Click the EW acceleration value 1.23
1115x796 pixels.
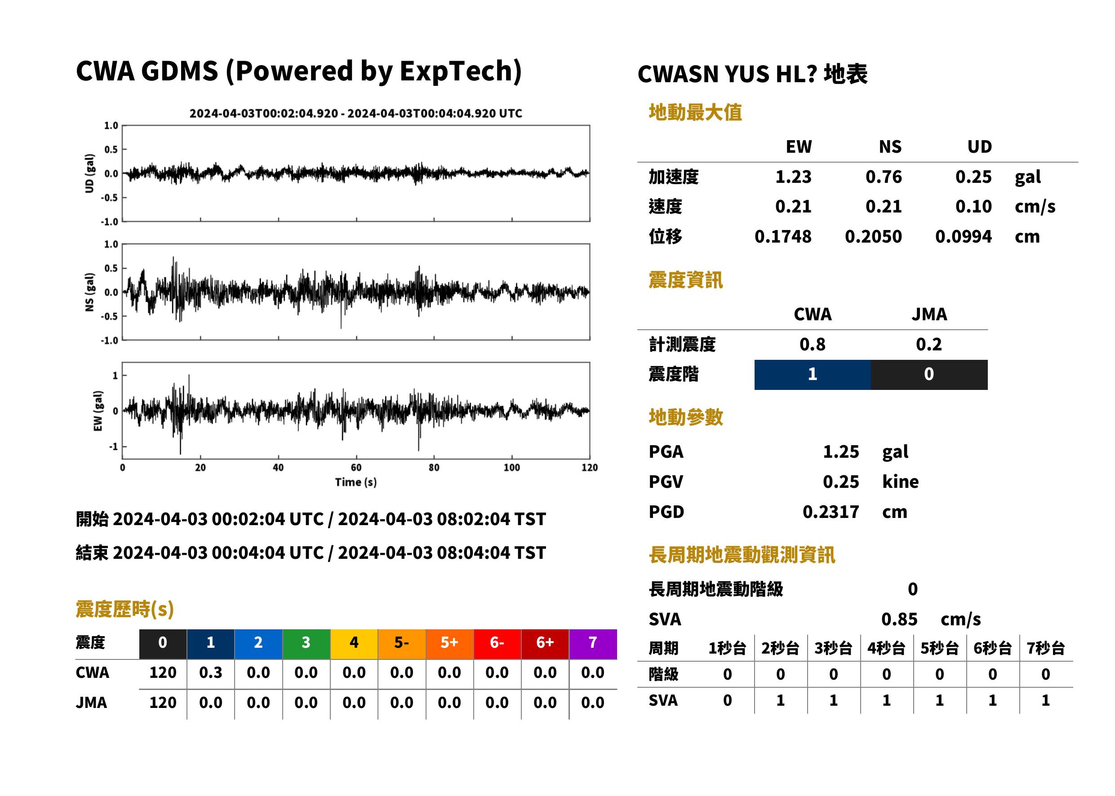793,177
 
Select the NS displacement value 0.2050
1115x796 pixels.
873,236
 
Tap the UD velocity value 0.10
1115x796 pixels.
973,206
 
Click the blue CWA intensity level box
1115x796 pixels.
813,375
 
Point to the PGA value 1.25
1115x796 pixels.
841,451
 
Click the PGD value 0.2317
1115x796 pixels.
831,512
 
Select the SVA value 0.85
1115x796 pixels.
899,619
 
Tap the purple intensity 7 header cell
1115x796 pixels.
593,644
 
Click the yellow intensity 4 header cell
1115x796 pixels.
354,644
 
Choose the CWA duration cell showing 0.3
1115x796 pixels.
210,672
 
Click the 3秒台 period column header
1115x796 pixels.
834,648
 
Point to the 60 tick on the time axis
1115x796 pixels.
356,468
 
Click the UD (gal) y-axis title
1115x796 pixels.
89,173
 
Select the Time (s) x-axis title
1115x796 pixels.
356,482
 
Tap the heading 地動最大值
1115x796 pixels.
695,112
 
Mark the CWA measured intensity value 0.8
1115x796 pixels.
813,344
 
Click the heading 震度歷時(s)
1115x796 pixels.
125,609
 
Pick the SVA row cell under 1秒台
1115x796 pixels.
728,700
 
